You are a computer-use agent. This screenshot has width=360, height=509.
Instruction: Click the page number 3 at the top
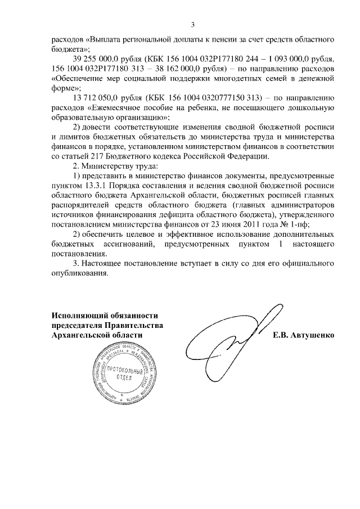click(193, 25)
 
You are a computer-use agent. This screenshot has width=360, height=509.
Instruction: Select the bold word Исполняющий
click(78, 316)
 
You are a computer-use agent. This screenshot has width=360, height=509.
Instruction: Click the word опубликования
click(78, 274)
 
